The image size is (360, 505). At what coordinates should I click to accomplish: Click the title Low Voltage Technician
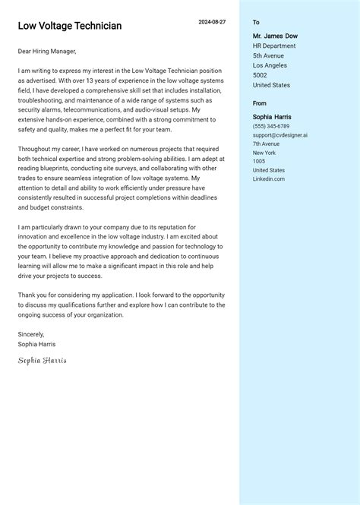[70, 26]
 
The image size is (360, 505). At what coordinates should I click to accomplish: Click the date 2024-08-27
[212, 22]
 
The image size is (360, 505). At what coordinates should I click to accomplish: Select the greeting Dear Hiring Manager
[47, 52]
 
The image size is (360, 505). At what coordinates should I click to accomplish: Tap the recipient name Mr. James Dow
[275, 36]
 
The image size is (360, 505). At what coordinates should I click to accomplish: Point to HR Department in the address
[274, 46]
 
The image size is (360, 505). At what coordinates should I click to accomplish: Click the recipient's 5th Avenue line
[268, 55]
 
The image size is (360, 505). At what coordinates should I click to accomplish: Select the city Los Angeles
[270, 65]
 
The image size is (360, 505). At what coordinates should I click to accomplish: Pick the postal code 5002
[260, 75]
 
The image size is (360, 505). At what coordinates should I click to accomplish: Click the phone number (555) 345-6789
[271, 126]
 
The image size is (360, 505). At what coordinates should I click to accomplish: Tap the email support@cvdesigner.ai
[279, 135]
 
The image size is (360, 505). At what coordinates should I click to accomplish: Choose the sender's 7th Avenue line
[266, 144]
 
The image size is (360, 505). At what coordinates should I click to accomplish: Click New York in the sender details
[264, 153]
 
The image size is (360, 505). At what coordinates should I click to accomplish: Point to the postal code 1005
[259, 161]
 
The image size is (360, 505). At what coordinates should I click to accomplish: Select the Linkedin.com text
[269, 178]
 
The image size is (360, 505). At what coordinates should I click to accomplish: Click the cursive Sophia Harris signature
[43, 360]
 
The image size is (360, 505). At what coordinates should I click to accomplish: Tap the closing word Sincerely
[31, 334]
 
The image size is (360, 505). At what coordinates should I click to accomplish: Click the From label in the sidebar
[260, 103]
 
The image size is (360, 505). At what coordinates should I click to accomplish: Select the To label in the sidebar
[256, 23]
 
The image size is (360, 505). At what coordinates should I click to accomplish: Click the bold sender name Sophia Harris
[272, 117]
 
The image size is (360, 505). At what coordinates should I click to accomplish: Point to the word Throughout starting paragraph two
[34, 150]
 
